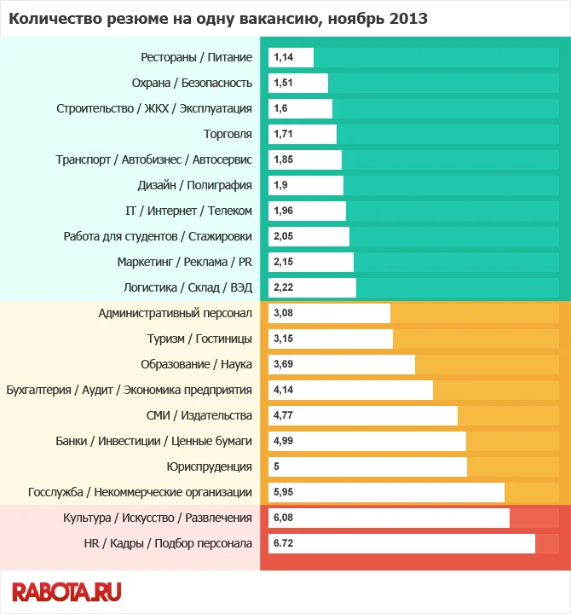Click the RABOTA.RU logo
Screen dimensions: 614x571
tap(66, 591)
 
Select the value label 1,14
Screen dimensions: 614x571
tap(283, 58)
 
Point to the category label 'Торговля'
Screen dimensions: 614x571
tap(228, 134)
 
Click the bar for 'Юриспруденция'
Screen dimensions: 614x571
tap(368, 466)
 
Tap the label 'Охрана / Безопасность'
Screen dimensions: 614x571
tap(192, 83)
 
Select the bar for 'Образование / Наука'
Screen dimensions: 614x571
tap(342, 364)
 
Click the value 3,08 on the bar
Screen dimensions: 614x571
tap(284, 313)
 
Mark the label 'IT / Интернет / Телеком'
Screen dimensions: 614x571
tap(188, 211)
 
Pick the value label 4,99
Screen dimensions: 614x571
tap(284, 441)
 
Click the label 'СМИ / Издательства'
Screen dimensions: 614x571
tap(199, 415)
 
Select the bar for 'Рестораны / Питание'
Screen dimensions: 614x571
tap(291, 58)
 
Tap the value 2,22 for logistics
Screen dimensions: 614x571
tap(284, 287)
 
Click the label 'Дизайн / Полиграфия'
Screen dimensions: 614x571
tap(195, 185)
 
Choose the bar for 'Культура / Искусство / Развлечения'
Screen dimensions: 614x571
tap(389, 518)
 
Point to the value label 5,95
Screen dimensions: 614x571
tap(284, 492)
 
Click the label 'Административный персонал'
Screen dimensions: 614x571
tap(175, 313)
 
